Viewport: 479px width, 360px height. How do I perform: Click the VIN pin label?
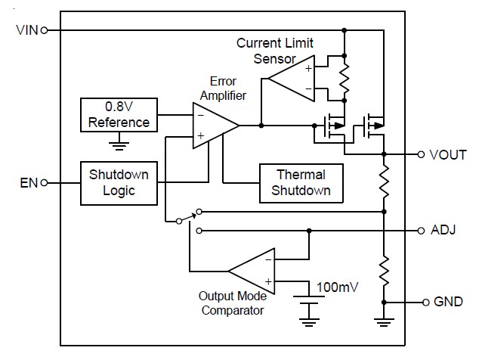tap(26, 30)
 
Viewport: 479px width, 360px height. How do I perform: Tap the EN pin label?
tap(29, 182)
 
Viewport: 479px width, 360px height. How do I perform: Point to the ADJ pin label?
tap(443, 229)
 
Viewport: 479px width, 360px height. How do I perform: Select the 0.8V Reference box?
tap(119, 114)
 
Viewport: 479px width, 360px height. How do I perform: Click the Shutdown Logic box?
tap(119, 182)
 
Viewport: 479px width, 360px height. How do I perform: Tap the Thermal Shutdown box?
tap(302, 182)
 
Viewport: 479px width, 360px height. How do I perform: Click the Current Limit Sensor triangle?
tap(292, 78)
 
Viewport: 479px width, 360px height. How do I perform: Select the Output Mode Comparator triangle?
tap(252, 270)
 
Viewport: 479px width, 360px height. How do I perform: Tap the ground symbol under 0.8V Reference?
tap(119, 144)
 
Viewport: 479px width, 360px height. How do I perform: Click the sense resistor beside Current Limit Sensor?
tap(345, 78)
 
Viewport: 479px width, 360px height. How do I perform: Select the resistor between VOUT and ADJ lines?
tap(385, 182)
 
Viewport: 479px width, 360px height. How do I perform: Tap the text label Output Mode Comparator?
tap(232, 303)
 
